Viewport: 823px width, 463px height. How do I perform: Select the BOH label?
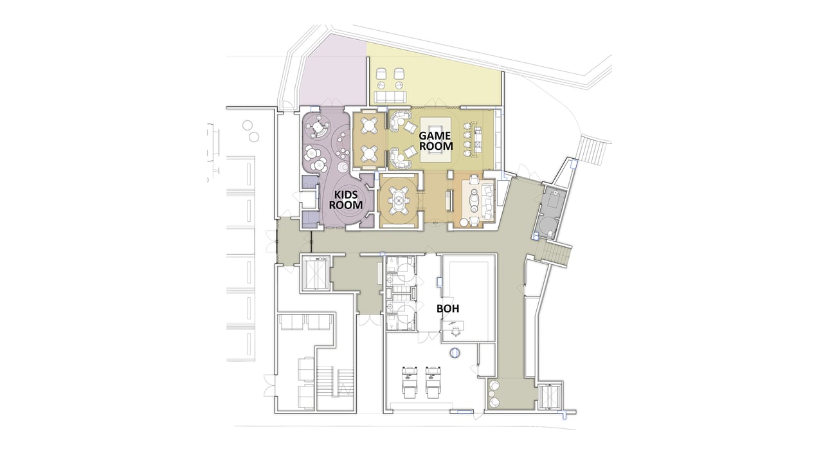448,308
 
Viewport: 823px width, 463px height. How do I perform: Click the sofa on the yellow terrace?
390,97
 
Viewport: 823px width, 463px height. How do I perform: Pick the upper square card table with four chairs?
368,125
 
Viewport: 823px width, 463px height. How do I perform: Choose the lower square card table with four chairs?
368,154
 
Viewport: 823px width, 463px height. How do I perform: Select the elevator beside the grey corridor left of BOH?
316,273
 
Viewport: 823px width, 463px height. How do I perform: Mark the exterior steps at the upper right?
592,152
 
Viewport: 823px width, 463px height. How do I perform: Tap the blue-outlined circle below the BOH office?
455,352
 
